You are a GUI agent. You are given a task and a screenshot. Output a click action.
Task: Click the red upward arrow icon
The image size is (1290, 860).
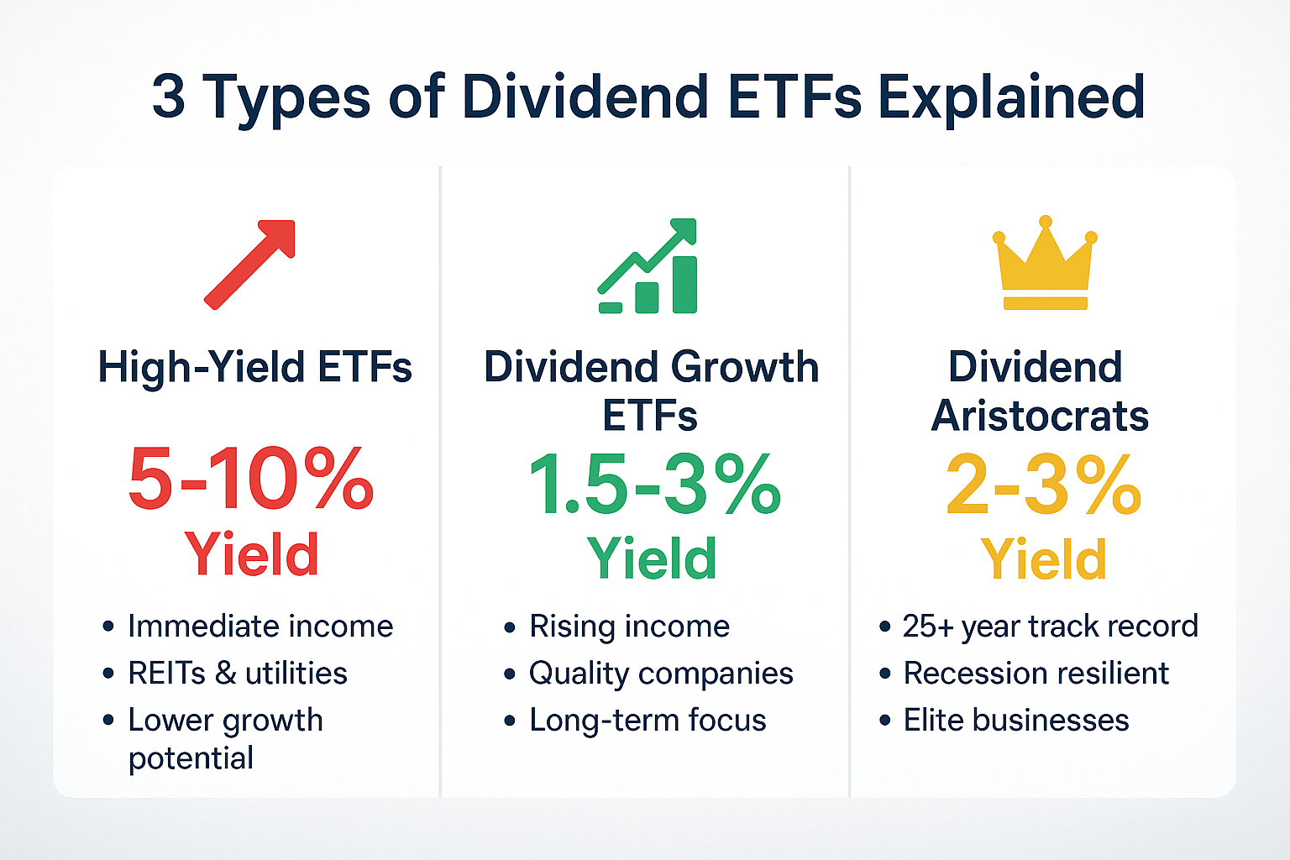(x=250, y=264)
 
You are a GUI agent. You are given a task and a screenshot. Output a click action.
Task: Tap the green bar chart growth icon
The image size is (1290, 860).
(x=648, y=267)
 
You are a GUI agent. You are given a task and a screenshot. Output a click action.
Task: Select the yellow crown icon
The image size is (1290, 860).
(x=1045, y=264)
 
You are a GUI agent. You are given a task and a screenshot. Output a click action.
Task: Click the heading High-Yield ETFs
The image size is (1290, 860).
(x=254, y=368)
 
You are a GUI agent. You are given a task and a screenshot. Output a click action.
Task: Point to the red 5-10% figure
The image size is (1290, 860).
(x=250, y=479)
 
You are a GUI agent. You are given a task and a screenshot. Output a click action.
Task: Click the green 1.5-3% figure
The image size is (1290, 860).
(x=654, y=485)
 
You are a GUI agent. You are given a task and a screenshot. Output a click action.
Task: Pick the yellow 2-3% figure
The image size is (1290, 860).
(x=1043, y=485)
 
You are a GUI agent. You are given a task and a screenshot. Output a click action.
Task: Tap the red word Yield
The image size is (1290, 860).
(x=252, y=554)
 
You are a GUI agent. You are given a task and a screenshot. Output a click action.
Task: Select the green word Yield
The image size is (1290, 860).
(x=652, y=558)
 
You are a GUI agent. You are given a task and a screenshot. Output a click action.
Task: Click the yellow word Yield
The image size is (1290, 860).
(x=1043, y=559)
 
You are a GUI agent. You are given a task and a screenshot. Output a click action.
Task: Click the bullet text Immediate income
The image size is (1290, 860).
(x=260, y=627)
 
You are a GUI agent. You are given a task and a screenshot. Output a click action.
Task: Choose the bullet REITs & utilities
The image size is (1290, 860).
(x=238, y=674)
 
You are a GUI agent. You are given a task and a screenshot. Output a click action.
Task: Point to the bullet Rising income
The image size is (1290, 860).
(x=629, y=627)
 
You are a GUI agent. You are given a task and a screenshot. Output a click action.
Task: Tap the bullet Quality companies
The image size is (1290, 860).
(x=661, y=674)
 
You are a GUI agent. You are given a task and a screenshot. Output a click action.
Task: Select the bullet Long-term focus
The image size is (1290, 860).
(x=648, y=721)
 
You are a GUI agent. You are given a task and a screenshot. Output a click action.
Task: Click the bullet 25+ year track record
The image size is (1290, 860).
(x=1050, y=627)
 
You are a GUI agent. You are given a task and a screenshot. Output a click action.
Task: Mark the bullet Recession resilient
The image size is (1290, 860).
(x=1036, y=674)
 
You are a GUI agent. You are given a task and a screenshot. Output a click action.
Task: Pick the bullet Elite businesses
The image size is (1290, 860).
(x=1016, y=721)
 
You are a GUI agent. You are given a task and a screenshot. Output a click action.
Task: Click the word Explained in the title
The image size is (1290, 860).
(x=1011, y=97)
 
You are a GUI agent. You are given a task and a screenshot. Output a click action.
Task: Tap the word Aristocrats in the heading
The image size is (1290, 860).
(x=1040, y=416)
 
